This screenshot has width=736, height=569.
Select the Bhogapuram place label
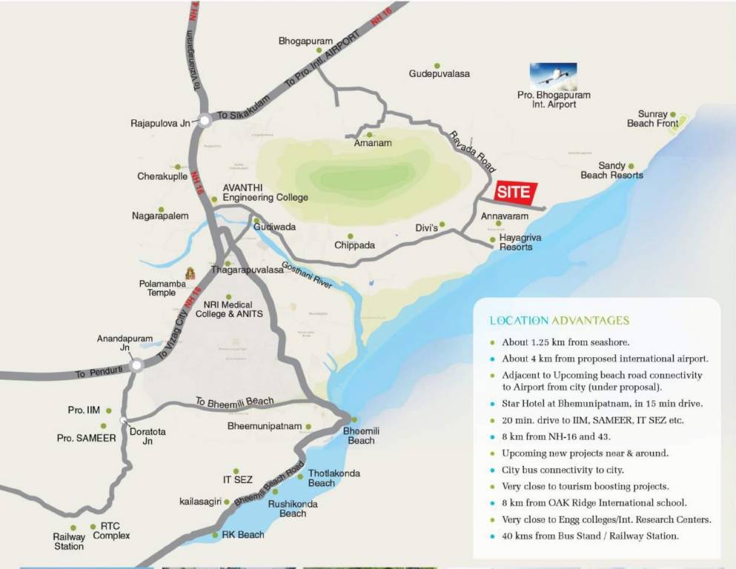coord(305,41)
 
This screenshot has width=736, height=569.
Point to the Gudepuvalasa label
coord(439,74)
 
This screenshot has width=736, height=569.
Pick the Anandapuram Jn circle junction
coord(136,365)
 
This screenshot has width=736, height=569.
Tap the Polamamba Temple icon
coord(189,273)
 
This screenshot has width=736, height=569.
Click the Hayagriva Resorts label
coord(515,242)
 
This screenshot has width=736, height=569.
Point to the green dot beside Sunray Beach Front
coord(673,114)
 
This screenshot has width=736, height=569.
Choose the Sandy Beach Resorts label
coord(611,170)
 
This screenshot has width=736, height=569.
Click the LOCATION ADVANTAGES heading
coord(560,321)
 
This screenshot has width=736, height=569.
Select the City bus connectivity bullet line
coord(563,470)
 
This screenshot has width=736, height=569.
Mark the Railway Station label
coord(68,542)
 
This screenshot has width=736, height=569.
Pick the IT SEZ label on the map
coord(238,480)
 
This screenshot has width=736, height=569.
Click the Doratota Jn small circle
coord(122,421)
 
